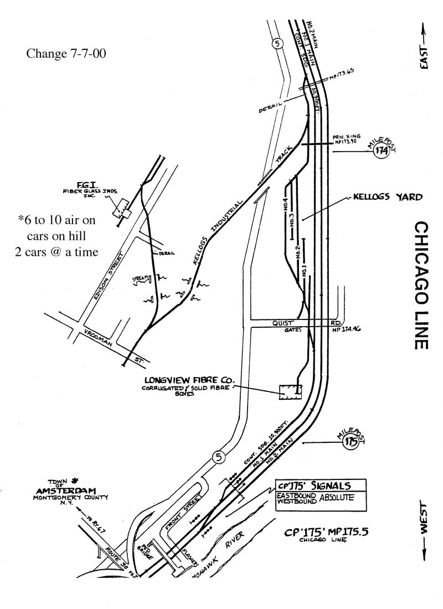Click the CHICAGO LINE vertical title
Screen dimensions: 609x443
[420, 285]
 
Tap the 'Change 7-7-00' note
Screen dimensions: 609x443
[66, 54]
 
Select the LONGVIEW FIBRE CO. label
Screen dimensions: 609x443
[189, 381]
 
